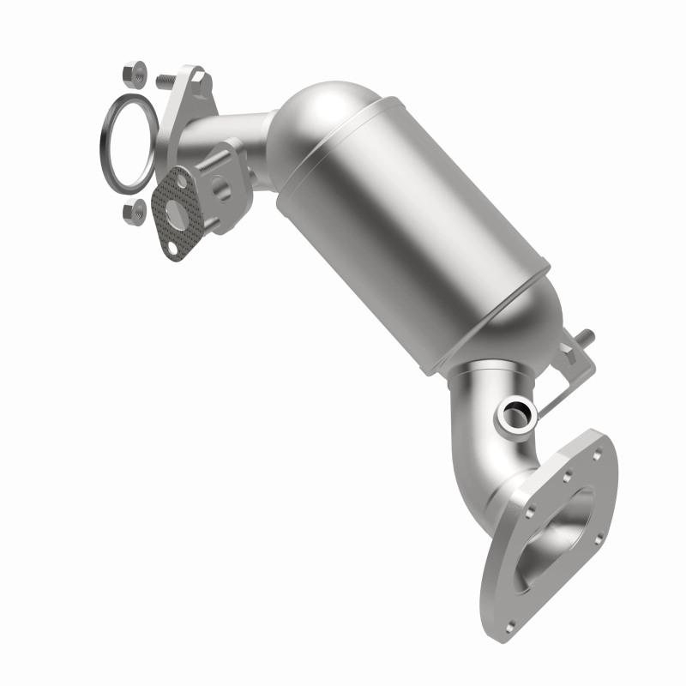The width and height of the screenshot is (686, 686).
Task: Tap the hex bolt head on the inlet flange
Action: tap(198, 79)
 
